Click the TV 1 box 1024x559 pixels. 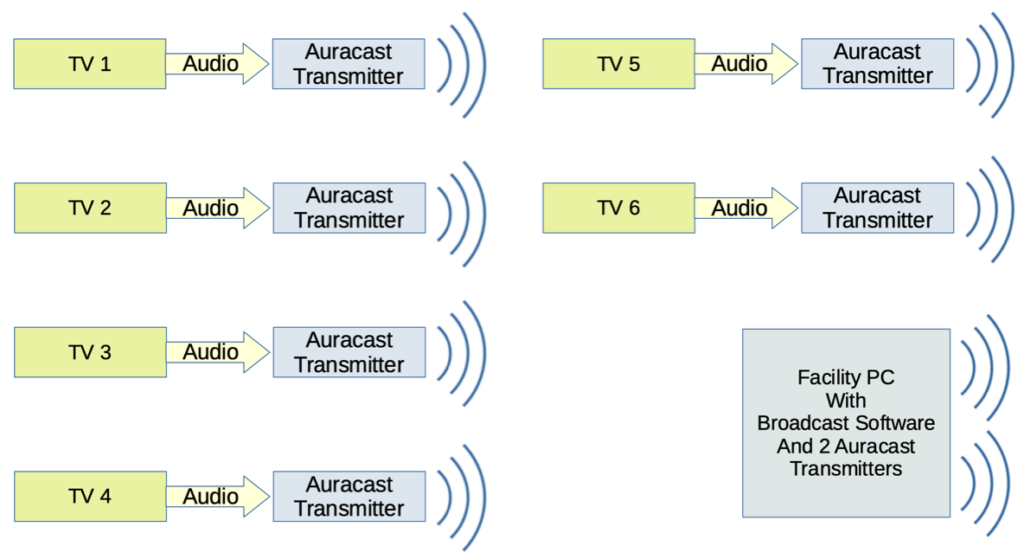(x=89, y=64)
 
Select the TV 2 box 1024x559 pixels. (x=90, y=208)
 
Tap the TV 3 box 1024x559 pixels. (x=90, y=352)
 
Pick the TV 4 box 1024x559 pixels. (x=90, y=496)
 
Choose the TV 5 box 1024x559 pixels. (x=618, y=64)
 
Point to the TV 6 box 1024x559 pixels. (x=618, y=208)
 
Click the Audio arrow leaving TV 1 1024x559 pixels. (x=217, y=64)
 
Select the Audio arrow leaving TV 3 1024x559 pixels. (x=217, y=352)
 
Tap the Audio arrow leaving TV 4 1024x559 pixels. (x=217, y=496)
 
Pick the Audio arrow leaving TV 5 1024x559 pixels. (x=746, y=64)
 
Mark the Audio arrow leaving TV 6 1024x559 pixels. (x=746, y=208)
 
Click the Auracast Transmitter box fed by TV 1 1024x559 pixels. (x=349, y=64)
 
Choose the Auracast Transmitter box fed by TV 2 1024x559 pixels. (x=349, y=208)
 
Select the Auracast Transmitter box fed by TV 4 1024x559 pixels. (x=349, y=496)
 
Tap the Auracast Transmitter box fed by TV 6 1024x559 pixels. (x=878, y=208)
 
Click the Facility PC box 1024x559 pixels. (x=846, y=423)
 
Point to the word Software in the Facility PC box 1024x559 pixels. (x=895, y=423)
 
